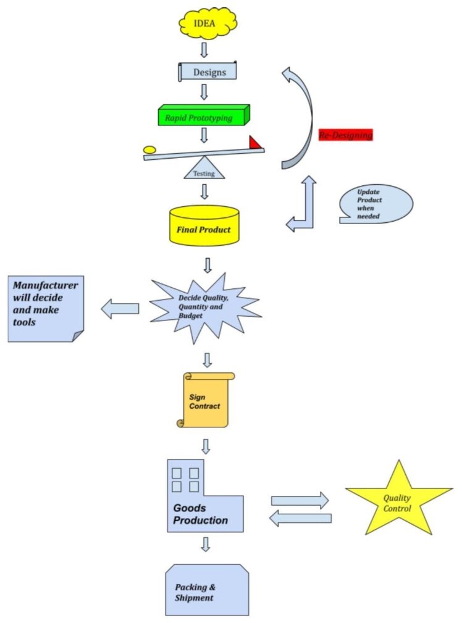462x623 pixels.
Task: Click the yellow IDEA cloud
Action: click(204, 23)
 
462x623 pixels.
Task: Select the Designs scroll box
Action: click(208, 72)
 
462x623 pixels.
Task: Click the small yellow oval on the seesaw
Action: click(149, 149)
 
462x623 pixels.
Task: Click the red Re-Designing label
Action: click(345, 135)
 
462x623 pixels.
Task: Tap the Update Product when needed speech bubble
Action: click(375, 204)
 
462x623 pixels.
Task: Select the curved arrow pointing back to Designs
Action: click(301, 117)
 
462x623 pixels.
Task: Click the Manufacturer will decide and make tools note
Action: click(45, 307)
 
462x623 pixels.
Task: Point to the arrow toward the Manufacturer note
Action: click(120, 308)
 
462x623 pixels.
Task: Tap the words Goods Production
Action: click(200, 514)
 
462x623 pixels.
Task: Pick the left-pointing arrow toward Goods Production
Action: click(301, 519)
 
